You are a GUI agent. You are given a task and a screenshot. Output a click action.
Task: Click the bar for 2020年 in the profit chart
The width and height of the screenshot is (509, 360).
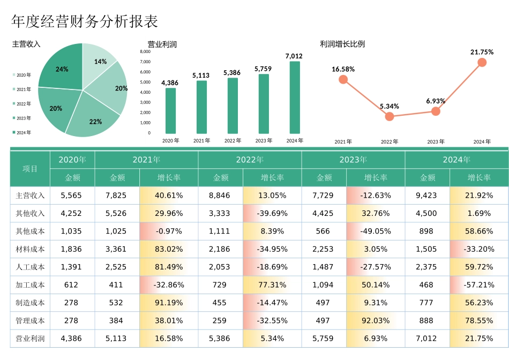coord(170,111)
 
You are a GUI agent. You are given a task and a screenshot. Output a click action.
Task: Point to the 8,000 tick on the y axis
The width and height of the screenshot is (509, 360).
coord(145,52)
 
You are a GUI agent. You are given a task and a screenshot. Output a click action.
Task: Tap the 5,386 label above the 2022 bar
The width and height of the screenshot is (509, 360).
coord(232,72)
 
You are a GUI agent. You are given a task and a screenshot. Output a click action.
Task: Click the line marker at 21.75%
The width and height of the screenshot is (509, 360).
coord(482,62)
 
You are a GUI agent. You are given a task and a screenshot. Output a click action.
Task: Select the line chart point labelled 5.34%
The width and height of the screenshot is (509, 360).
coord(390,116)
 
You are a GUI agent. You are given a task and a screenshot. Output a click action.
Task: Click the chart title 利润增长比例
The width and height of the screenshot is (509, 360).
coord(342,44)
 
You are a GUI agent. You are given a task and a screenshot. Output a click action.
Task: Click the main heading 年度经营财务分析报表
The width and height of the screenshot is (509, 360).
coord(85,22)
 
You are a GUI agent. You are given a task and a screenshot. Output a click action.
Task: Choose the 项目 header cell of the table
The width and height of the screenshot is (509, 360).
coord(30,169)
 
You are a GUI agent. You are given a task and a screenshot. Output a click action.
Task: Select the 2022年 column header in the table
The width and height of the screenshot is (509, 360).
coord(250,160)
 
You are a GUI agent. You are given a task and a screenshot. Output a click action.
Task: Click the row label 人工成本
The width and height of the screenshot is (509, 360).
coord(30,267)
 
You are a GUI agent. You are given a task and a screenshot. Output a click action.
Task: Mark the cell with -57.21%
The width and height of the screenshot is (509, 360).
coord(479,285)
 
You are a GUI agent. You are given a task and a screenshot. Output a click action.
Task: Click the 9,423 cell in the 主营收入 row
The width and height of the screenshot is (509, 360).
coord(426,196)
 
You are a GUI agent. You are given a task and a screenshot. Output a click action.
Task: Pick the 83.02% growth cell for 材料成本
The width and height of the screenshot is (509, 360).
coord(169,249)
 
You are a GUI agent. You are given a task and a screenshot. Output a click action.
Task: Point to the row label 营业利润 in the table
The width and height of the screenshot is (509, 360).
coord(30,339)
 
